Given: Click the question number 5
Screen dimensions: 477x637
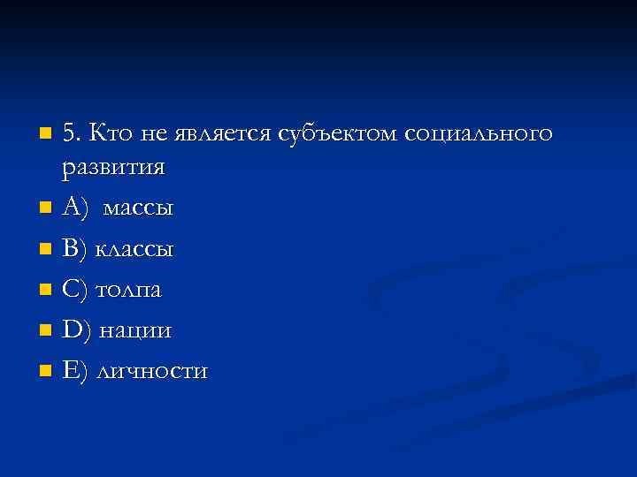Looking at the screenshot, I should click(72, 134).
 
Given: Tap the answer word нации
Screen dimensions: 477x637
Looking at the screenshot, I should click(134, 330).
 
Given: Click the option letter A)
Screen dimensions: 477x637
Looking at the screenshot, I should click(76, 209).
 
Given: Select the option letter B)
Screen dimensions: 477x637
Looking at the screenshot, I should click(76, 250).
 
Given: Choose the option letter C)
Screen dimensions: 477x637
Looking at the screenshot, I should click(76, 290).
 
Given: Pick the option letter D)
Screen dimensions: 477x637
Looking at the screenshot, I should click(77, 330).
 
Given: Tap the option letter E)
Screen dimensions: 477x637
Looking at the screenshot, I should click(76, 371).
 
